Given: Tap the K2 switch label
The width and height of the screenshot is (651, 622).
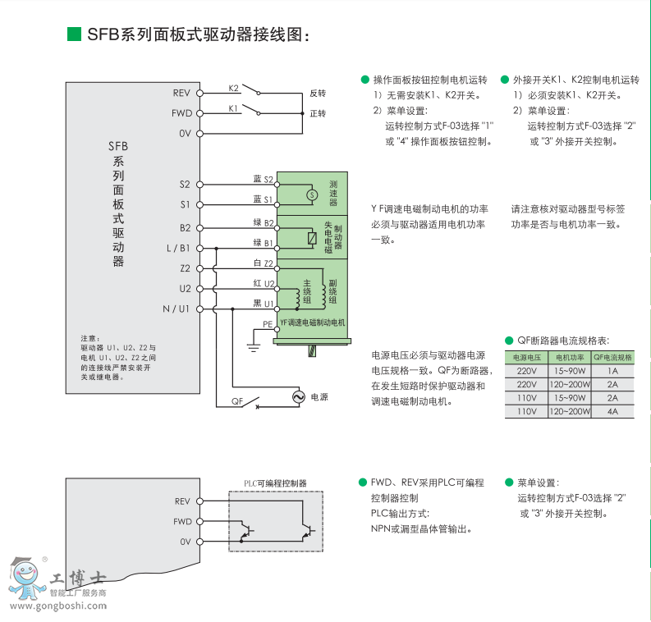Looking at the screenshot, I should (234, 88).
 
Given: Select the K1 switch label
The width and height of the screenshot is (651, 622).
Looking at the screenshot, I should (233, 107).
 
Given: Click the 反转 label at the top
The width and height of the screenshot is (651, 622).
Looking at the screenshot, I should (318, 94).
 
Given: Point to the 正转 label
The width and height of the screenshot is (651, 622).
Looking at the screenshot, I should (318, 113).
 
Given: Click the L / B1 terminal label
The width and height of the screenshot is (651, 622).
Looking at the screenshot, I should (178, 248).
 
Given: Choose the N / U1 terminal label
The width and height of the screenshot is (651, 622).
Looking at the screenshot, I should (176, 309).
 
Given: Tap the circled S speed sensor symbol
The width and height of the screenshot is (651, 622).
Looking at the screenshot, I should (311, 194).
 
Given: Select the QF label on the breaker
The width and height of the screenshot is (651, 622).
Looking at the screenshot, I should (237, 401).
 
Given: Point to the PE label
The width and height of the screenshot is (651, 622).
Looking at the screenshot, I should (267, 324).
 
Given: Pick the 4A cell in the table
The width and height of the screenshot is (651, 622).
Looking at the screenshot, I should (612, 411).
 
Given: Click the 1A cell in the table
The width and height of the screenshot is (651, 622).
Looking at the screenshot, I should (612, 371).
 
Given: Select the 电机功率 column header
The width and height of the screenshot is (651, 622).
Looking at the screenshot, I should (570, 357).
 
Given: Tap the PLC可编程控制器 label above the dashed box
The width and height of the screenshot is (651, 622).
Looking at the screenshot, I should (275, 483).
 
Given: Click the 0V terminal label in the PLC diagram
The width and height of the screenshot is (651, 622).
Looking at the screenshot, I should (185, 542).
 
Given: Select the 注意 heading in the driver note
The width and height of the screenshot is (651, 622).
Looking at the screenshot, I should (89, 338).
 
